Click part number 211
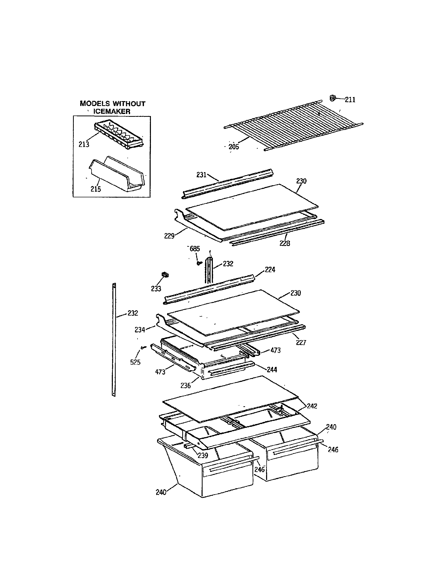tap(350, 100)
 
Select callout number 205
tap(233, 147)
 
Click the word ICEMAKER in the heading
tap(112, 111)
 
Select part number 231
tap(201, 175)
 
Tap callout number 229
tap(169, 236)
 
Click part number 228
tap(285, 243)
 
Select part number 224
tap(270, 270)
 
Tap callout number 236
tap(185, 386)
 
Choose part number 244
tap(272, 369)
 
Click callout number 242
tap(312, 406)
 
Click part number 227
tap(301, 343)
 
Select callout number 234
tap(140, 330)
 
